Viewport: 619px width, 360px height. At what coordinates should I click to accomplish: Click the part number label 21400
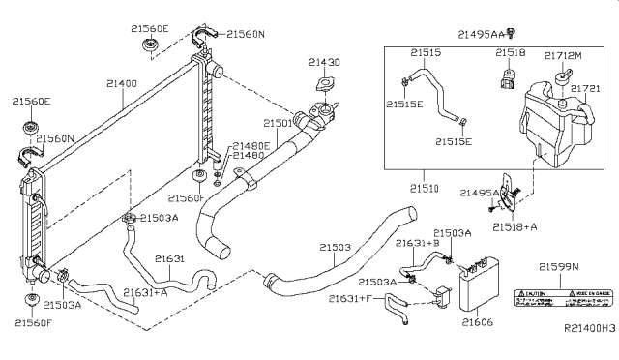[122, 85]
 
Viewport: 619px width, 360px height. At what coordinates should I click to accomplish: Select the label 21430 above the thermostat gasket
[324, 63]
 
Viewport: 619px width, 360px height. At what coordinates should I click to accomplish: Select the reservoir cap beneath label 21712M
[561, 75]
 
